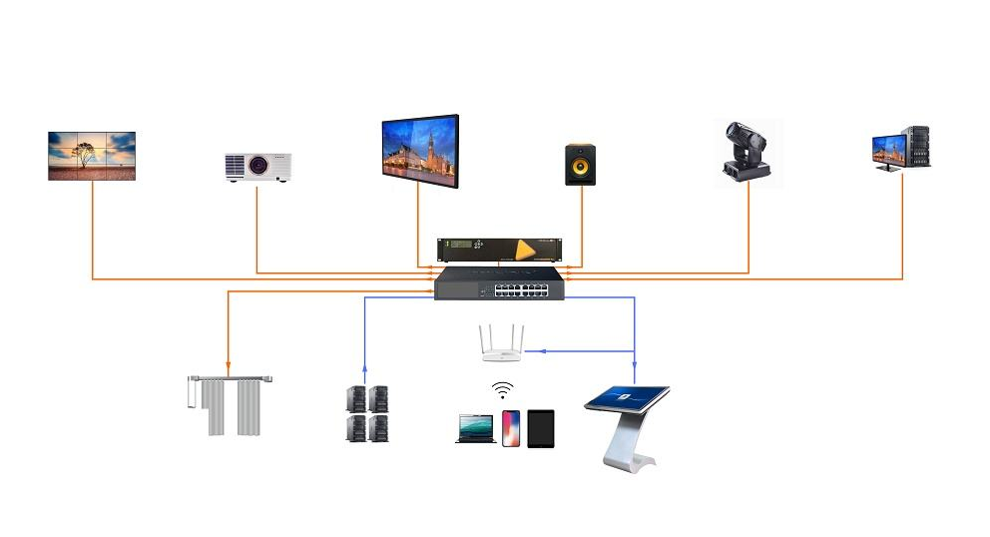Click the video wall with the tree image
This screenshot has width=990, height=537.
(92, 156)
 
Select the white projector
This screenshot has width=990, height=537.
(257, 167)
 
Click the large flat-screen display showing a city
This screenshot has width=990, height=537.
(420, 150)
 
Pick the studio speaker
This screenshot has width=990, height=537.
(580, 164)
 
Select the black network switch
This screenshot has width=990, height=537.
(499, 284)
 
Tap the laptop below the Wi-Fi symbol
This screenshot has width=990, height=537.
(476, 428)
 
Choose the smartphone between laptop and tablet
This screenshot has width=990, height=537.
(511, 428)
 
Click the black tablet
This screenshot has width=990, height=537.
(540, 427)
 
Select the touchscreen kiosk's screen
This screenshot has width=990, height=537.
(626, 398)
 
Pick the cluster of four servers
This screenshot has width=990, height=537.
(366, 413)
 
